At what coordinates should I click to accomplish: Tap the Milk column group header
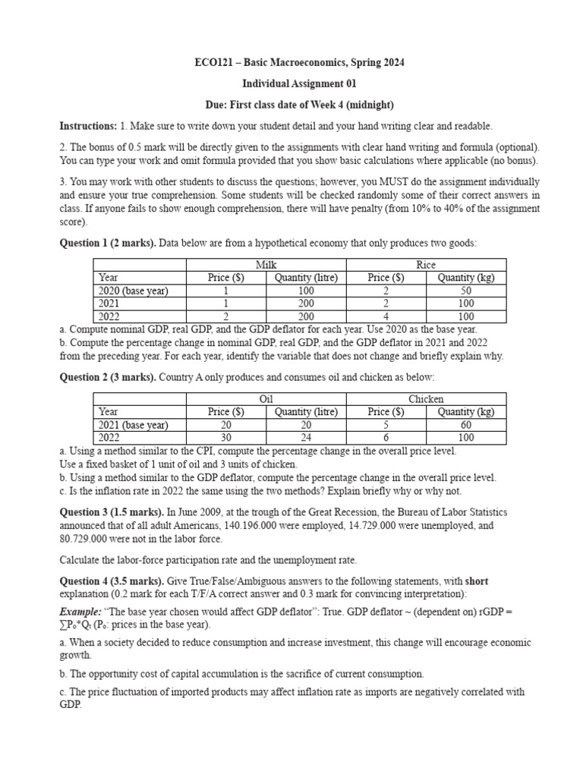(x=266, y=264)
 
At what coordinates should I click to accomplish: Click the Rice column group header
(x=426, y=264)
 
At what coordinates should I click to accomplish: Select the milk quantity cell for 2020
(x=306, y=291)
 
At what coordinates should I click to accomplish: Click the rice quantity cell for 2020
(x=465, y=291)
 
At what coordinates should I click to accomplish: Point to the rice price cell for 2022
(x=385, y=316)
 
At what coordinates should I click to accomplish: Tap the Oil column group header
(x=266, y=399)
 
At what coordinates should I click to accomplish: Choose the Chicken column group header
(x=426, y=399)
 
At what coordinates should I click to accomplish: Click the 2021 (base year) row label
(x=134, y=425)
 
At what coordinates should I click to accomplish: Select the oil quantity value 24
(x=306, y=438)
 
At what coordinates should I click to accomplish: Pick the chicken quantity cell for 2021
(x=465, y=425)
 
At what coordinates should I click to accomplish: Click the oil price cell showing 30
(x=225, y=438)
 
